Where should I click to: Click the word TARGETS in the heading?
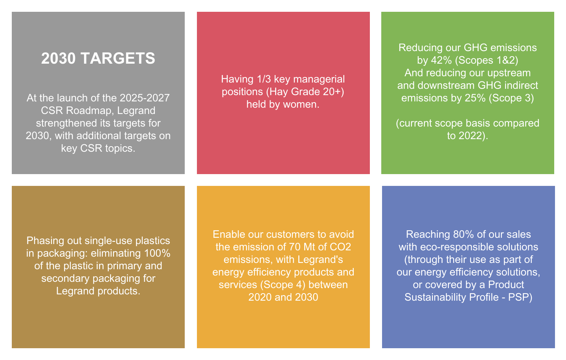point(118,58)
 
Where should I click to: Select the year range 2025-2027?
point(145,98)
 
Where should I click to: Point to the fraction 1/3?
point(263,79)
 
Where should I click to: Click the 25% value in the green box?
point(475,98)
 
